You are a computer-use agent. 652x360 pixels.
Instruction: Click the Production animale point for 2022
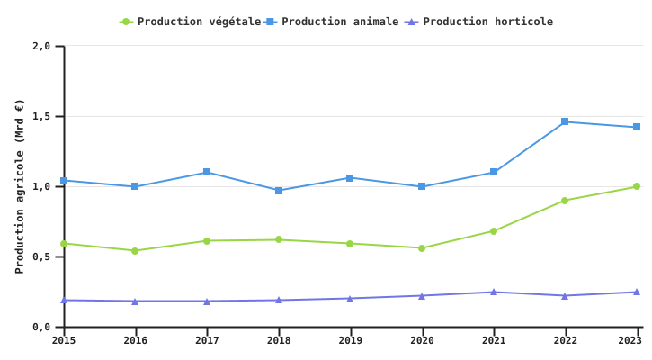(x=565, y=121)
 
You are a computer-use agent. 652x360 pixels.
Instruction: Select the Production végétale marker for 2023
(x=636, y=187)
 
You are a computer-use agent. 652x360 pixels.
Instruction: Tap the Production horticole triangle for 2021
(x=494, y=292)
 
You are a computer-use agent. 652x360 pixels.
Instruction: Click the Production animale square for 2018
(x=279, y=191)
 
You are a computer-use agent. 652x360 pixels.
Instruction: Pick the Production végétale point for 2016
(x=135, y=251)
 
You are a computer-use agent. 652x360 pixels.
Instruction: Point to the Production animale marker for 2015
(x=64, y=181)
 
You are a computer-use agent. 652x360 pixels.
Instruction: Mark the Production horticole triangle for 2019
(x=350, y=298)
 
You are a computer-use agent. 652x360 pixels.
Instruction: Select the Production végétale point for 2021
(x=494, y=231)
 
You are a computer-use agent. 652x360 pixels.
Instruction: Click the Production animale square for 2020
(x=422, y=187)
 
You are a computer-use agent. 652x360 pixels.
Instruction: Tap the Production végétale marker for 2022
(x=565, y=201)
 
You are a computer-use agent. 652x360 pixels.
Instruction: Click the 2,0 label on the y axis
(x=41, y=46)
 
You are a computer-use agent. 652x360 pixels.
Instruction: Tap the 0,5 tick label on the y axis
(x=41, y=257)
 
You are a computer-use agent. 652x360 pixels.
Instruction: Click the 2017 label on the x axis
(x=207, y=340)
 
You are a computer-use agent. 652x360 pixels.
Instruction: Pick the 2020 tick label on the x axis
(x=422, y=340)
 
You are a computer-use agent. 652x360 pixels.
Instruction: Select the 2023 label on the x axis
(x=630, y=340)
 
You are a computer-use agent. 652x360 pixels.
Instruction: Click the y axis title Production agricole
(x=20, y=186)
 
